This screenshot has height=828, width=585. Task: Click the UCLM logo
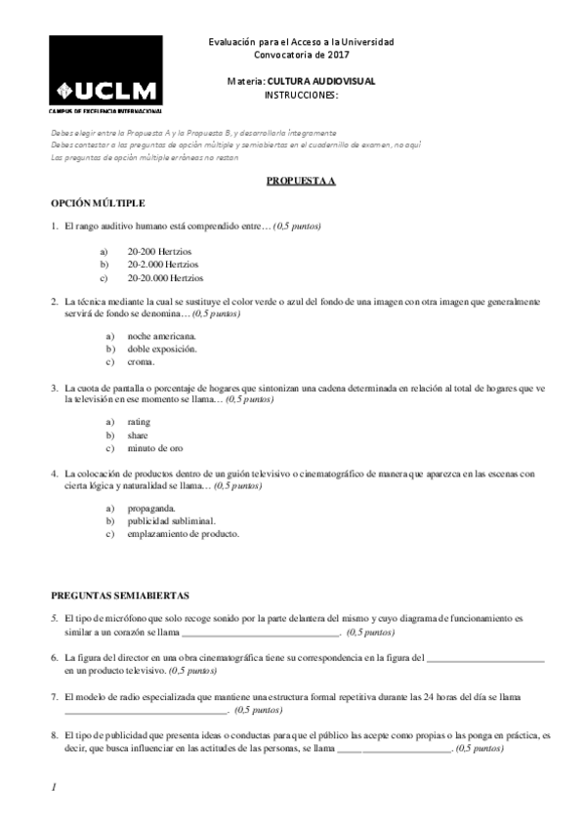click(105, 75)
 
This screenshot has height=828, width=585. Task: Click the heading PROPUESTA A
click(301, 182)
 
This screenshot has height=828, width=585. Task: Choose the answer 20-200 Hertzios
click(158, 251)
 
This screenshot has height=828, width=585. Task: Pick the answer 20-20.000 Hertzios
click(165, 277)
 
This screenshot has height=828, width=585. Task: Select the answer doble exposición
click(162, 349)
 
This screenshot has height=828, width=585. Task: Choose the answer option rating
click(139, 421)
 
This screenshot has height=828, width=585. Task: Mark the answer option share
click(138, 435)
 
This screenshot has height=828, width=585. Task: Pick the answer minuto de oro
click(154, 448)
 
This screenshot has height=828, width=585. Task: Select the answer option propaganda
click(151, 508)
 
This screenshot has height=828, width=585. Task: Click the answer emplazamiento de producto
click(183, 534)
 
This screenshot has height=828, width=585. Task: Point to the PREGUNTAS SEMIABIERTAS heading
click(119, 595)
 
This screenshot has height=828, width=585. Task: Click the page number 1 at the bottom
click(54, 786)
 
